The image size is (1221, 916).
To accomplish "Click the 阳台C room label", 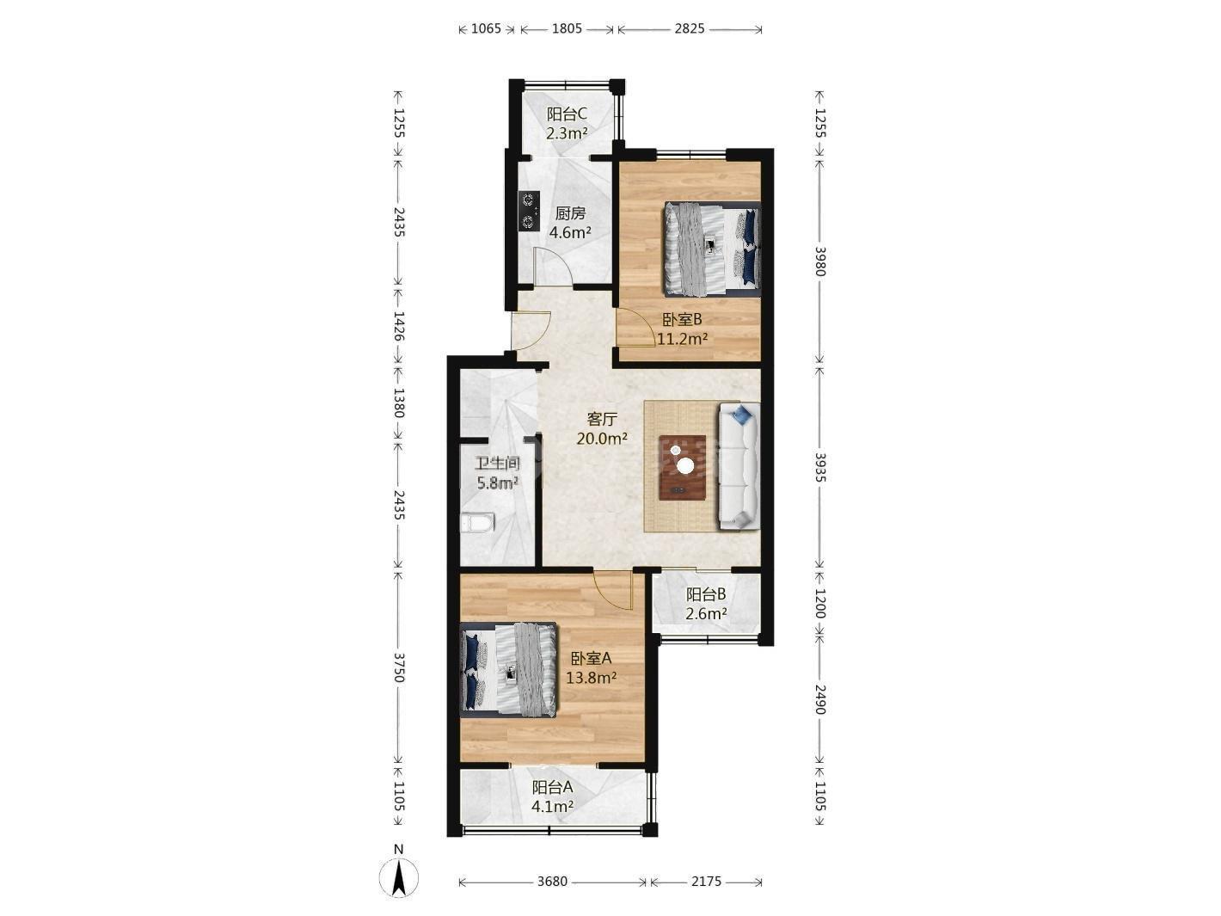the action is (x=567, y=114).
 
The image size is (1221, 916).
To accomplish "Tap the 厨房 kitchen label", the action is (x=570, y=213).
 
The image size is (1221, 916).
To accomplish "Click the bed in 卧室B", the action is (x=711, y=248).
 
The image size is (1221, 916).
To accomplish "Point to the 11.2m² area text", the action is (x=683, y=339).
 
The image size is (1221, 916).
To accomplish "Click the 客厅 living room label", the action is (x=603, y=419).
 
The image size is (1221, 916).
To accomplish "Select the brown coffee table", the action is (x=683, y=467).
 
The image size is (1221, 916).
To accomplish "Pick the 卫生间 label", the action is (x=497, y=464).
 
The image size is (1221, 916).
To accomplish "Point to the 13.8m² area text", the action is (x=592, y=678).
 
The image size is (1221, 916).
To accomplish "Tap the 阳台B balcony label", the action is (x=706, y=594).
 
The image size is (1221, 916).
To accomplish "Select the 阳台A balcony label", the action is (x=552, y=787).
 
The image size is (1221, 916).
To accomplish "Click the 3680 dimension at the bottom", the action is (x=552, y=882).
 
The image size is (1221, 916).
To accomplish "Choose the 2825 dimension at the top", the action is (x=690, y=28).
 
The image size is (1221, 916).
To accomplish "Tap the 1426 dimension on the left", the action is (x=399, y=326).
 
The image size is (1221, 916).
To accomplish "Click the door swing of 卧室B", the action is (x=635, y=329).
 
